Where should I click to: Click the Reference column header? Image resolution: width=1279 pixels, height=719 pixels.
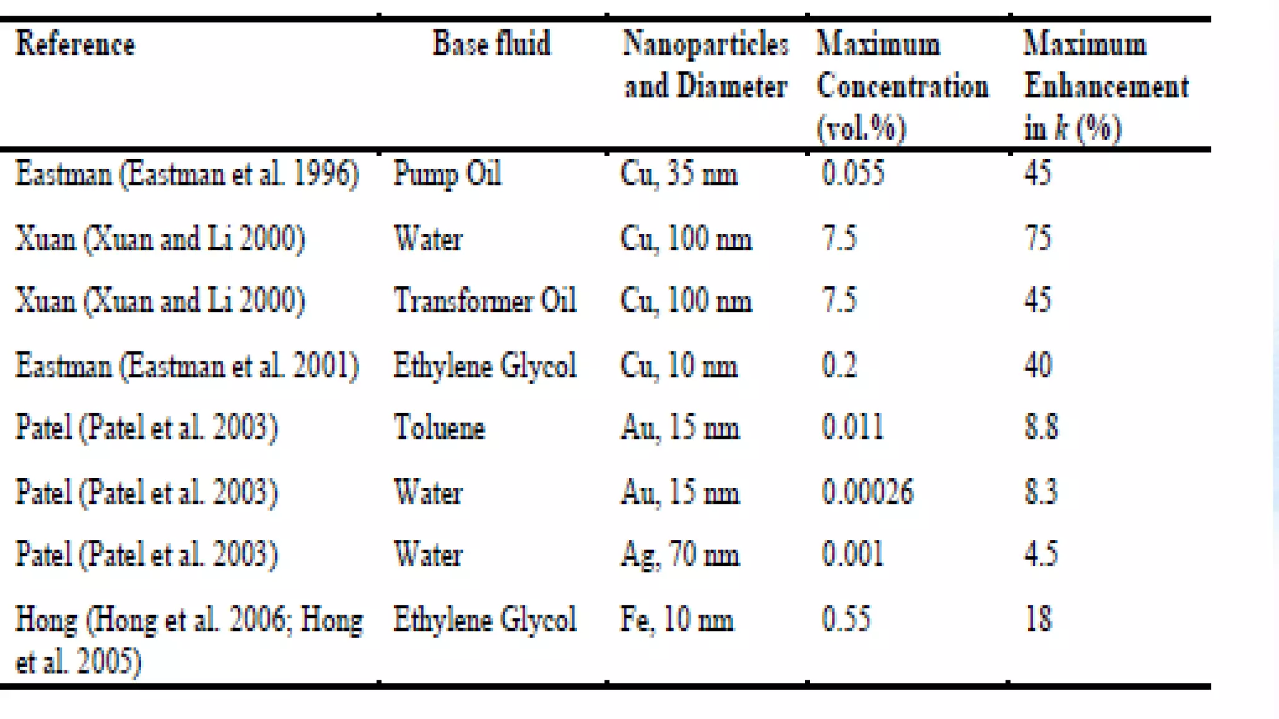75,44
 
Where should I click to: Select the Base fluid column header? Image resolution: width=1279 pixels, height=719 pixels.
491,44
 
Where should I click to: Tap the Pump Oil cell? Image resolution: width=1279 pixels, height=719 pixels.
447,174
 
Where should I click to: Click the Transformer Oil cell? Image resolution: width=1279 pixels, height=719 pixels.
485,301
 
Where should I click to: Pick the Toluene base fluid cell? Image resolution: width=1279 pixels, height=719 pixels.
439,428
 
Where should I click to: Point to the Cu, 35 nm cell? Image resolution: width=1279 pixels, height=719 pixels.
679,174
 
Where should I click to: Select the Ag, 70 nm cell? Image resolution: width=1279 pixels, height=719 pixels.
680,555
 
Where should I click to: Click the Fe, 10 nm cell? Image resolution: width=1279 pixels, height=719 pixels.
676,620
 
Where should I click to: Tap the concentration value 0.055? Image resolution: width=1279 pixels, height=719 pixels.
852,174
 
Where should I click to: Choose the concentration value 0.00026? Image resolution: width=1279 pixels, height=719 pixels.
867,492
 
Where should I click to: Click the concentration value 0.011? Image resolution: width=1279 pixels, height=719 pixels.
852,428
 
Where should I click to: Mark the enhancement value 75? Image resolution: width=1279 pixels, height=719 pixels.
1038,238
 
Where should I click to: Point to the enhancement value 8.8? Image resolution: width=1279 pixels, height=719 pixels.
1041,428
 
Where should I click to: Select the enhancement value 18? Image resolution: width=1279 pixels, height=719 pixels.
1039,620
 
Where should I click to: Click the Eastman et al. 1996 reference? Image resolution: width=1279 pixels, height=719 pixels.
187,174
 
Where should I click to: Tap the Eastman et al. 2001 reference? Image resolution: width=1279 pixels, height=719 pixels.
187,366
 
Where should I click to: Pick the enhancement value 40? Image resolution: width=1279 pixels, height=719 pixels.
1038,366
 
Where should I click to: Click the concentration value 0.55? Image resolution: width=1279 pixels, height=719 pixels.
846,620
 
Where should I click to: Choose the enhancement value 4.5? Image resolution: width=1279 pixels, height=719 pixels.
1041,555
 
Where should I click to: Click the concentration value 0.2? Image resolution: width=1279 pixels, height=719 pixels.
839,366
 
